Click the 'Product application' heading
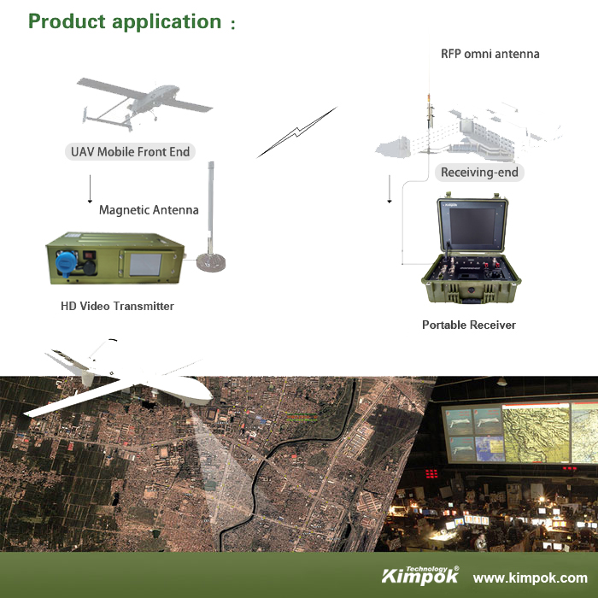tap(125, 21)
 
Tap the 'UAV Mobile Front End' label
tap(130, 152)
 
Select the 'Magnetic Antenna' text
tap(149, 210)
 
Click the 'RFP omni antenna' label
tap(490, 54)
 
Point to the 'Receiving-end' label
tap(479, 173)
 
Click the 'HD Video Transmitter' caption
tap(117, 306)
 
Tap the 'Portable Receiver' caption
tap(469, 325)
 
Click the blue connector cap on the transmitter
tap(67, 263)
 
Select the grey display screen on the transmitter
tap(145, 264)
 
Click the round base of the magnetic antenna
tap(211, 262)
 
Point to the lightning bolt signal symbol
tap(296, 132)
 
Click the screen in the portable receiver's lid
tap(472, 226)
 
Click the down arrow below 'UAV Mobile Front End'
tap(90, 189)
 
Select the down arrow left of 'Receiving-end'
tap(390, 189)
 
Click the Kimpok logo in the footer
tap(420, 575)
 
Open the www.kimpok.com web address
tap(531, 577)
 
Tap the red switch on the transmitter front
tap(89, 255)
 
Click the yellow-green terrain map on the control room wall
tap(536, 434)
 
